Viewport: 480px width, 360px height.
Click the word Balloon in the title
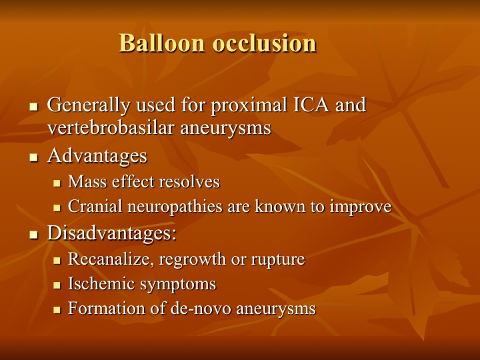(x=161, y=43)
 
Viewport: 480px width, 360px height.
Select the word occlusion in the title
(x=264, y=43)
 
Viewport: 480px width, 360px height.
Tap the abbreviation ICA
(x=311, y=105)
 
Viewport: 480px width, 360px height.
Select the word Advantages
(x=97, y=157)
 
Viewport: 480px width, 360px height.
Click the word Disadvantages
(x=112, y=233)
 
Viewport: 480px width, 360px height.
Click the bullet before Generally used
(x=34, y=107)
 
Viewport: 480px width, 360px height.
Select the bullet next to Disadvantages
(x=34, y=235)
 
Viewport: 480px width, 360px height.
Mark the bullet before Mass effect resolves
(x=57, y=183)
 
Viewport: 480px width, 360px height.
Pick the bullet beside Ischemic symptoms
(x=57, y=285)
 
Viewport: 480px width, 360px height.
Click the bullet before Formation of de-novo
(x=57, y=310)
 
